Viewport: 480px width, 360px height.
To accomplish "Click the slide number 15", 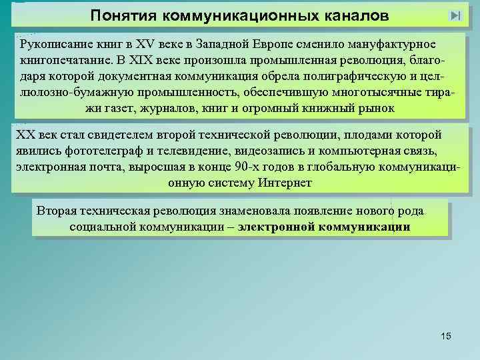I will pyautogui.click(x=446, y=336).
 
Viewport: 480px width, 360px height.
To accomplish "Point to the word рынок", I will pyautogui.click(x=378, y=107).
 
